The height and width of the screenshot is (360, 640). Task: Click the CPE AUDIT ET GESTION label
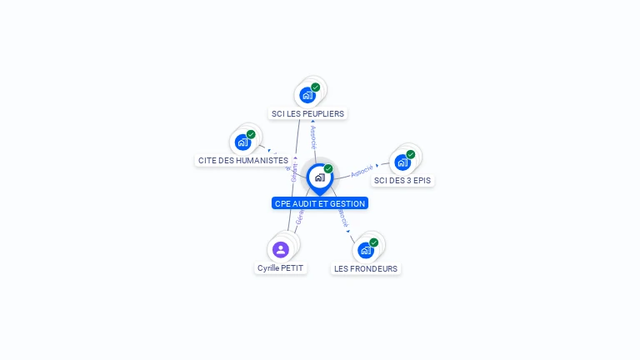coord(319,203)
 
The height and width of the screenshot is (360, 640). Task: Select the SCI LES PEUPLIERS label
coord(307,113)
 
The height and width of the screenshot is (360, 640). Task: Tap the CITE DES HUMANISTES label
coord(243,160)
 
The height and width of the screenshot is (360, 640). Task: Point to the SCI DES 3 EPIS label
coord(403,180)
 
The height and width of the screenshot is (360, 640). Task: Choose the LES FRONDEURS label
coord(366,268)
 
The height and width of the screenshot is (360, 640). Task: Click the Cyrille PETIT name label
coord(281,268)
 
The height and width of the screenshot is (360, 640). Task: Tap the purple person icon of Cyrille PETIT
coord(281,249)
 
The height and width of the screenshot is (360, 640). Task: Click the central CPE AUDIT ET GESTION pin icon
coord(319,177)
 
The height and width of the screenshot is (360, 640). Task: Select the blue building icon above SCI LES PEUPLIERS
coord(307,95)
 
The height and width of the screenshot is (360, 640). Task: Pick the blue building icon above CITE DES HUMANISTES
coord(242,142)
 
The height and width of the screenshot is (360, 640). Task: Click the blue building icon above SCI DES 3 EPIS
coord(402,162)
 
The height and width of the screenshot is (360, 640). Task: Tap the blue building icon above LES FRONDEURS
coord(365,250)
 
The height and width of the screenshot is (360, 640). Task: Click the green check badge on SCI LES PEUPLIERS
coord(316,87)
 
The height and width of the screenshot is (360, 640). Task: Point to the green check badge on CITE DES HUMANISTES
coord(251,134)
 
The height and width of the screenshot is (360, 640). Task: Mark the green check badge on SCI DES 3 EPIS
coord(411,154)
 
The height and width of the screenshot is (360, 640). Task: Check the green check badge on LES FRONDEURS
coord(373,242)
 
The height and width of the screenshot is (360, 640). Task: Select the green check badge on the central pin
coord(328,169)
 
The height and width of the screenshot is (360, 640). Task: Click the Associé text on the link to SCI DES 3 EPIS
coord(362,170)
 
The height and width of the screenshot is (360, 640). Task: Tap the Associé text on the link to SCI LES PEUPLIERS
coord(313,137)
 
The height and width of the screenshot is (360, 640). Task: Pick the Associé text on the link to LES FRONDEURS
coord(342,217)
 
